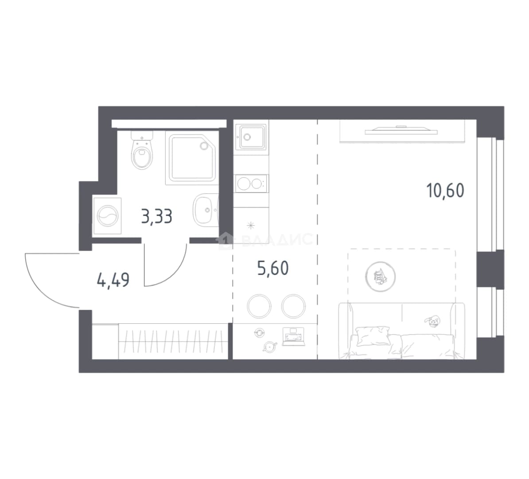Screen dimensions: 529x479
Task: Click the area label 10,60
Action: point(445,190)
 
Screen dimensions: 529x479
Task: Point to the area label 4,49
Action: point(113,280)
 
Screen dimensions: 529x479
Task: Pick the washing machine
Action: point(108,216)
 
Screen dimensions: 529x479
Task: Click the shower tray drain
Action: point(204,145)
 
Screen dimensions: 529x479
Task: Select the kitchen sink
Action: point(251,137)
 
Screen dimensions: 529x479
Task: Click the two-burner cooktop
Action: point(251,184)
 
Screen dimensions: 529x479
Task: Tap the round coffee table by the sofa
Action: point(380,276)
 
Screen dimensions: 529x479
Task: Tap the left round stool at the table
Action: point(259,306)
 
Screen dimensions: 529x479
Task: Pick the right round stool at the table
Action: point(293,306)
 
